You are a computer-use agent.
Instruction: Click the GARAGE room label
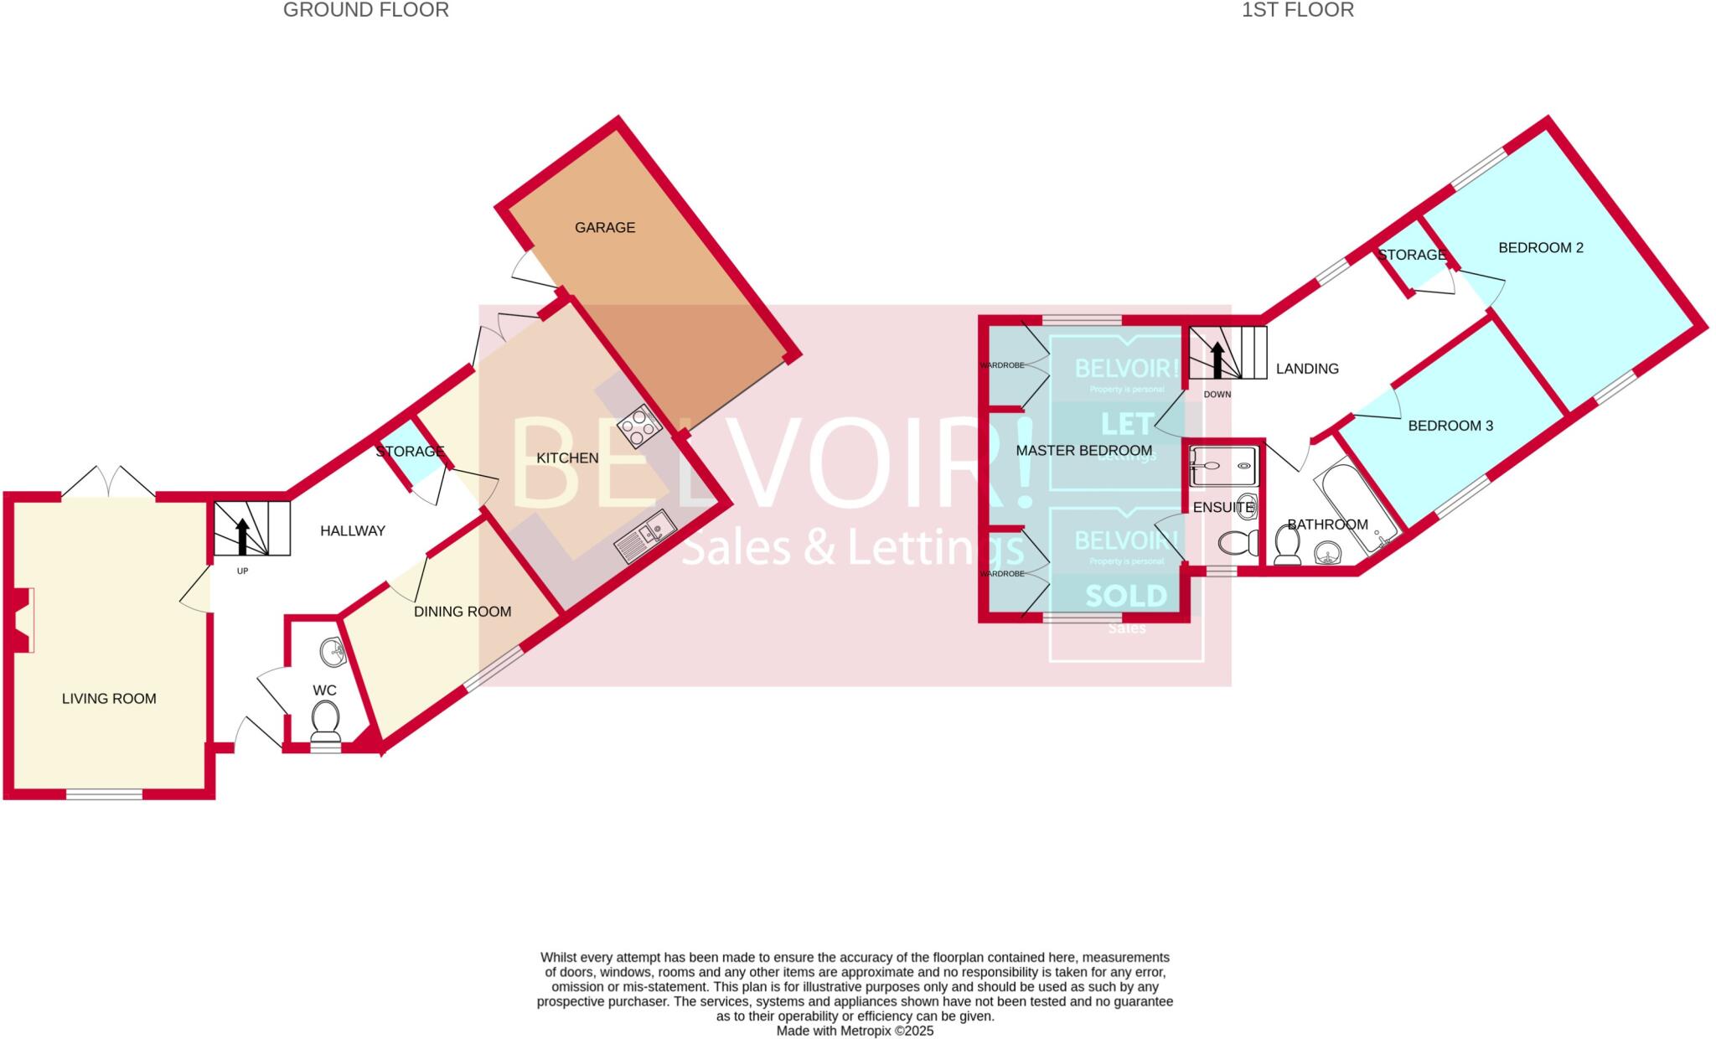point(604,227)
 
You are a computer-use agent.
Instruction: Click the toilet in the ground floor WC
point(325,720)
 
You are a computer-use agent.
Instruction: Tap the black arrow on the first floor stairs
point(1217,359)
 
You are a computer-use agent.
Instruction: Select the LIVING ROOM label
point(109,699)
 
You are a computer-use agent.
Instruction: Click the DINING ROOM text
point(463,612)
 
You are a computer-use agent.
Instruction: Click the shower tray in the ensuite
point(1223,466)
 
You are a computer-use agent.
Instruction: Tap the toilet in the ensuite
point(1238,542)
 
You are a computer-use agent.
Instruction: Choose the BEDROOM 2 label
point(1541,248)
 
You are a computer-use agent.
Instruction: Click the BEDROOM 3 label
point(1450,426)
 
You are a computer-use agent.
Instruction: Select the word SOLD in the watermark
point(1126,596)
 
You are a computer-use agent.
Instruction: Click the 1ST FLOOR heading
point(1298,10)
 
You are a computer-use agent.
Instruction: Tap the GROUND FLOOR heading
point(366,10)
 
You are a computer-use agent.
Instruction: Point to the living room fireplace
point(23,620)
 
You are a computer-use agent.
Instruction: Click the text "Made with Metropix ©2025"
point(855,1031)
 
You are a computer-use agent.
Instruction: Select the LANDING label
point(1307,369)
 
